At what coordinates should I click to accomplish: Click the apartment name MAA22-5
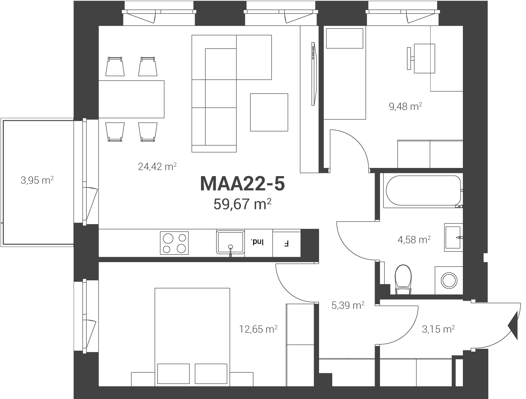point(242,184)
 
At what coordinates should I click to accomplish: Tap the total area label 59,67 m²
point(242,204)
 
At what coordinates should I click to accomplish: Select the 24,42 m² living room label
point(157,166)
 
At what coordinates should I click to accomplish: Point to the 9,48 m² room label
point(405,106)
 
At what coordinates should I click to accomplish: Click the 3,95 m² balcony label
point(37,180)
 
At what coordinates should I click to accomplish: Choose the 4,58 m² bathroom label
point(414,240)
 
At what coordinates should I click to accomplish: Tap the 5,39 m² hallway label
point(348,305)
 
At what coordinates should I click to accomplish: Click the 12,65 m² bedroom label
point(258,329)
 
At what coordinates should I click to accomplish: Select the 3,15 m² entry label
point(438,329)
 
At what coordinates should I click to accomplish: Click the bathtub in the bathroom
point(423,191)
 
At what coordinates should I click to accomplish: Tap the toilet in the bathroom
point(403,279)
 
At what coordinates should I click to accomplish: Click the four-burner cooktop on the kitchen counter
point(174,243)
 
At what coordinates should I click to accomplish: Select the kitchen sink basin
point(230,242)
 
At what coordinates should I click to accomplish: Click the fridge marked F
point(286,244)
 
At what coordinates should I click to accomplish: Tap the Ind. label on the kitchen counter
point(257,242)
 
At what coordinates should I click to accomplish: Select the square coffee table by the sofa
point(269,112)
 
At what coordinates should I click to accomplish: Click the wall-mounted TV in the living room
point(314,74)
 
